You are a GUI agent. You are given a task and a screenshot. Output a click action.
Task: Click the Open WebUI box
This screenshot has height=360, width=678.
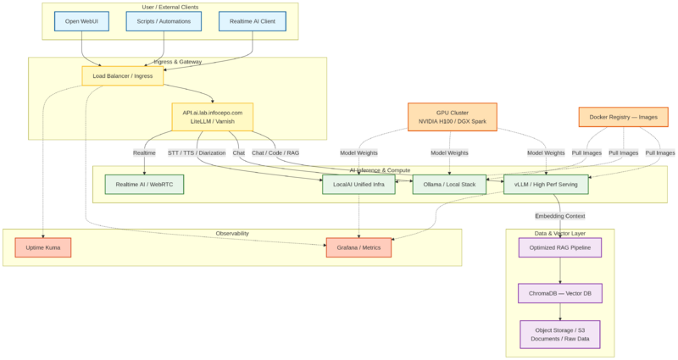[81, 21]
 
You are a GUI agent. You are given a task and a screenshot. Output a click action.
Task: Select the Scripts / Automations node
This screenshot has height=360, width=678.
[164, 21]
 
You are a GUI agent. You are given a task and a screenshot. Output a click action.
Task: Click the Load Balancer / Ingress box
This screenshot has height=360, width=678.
[123, 75]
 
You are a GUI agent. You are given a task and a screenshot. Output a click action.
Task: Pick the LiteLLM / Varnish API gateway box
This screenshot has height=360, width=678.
[212, 117]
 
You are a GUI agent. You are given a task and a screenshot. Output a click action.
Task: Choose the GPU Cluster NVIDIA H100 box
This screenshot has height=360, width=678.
[452, 117]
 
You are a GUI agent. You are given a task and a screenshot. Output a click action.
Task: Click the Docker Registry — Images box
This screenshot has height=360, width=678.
[623, 117]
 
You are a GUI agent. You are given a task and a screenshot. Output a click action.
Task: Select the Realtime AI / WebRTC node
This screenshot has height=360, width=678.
[144, 184]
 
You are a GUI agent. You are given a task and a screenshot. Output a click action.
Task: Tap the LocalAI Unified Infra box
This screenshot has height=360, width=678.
[358, 184]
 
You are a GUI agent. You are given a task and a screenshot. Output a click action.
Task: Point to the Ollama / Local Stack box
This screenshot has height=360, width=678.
[449, 184]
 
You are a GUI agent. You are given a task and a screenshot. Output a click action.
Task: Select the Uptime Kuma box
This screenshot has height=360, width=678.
[43, 247]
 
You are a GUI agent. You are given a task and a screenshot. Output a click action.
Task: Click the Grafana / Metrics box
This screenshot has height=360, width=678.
[358, 247]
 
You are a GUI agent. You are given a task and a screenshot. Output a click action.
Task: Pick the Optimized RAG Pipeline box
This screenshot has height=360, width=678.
[560, 247]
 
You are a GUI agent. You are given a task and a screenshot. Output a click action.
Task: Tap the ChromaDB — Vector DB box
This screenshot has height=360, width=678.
[560, 293]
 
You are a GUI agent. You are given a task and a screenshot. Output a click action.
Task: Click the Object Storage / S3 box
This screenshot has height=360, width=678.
[560, 335]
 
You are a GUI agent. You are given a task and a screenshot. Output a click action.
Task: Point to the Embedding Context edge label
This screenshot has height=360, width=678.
[560, 216]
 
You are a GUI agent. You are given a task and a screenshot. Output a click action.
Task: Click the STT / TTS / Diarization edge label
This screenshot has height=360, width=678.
[197, 153]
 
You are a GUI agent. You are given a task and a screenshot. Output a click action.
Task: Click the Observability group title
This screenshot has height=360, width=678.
[232, 233]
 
